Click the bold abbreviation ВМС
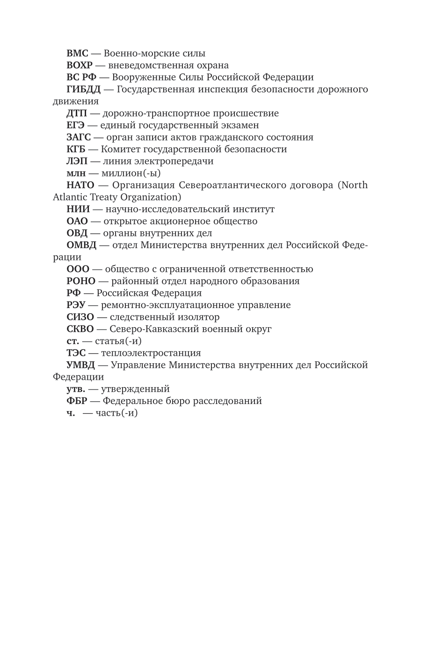point(77,53)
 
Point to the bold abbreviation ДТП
point(77,113)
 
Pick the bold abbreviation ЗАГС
point(79,137)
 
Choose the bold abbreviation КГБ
point(76,149)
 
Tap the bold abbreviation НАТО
point(80,185)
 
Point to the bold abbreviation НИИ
point(78,209)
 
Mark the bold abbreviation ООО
point(78,269)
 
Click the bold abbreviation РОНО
point(81,281)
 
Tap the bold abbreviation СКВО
point(80,329)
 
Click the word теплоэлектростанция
point(151,353)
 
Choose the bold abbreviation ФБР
point(77,401)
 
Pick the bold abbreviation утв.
point(76,389)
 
